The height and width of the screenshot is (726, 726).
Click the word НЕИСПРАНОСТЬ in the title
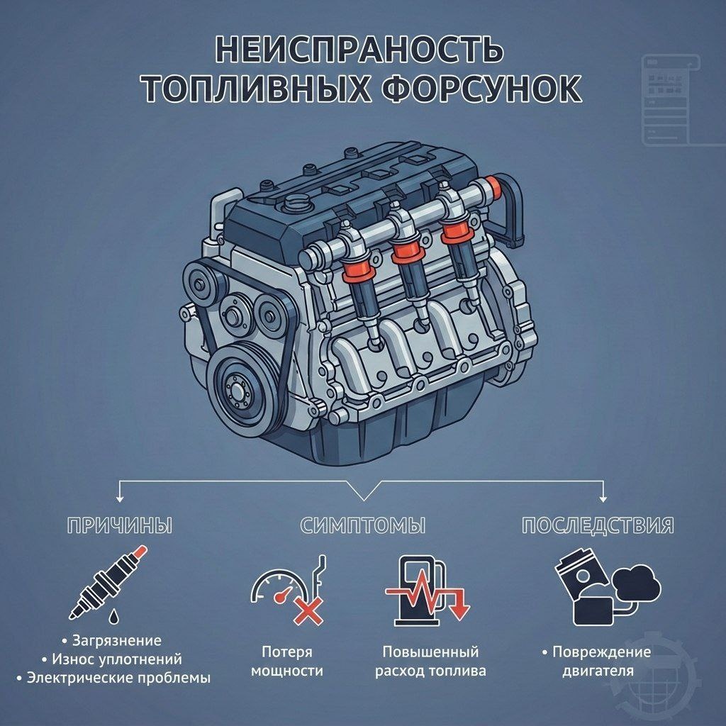point(359,50)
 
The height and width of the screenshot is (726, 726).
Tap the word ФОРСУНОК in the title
point(482,88)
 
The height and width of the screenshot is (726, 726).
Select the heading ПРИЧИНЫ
point(119,526)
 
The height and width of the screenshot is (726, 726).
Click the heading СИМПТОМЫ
point(363,526)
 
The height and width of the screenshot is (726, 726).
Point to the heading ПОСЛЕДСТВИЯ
point(598,526)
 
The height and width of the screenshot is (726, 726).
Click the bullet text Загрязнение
point(117,641)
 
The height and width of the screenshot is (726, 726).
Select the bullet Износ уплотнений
point(117,659)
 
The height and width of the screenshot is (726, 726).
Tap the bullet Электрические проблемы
point(118,678)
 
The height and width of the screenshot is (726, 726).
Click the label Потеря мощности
point(287,661)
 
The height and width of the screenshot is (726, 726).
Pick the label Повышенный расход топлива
point(430,661)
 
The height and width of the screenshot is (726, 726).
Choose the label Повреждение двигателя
point(601,661)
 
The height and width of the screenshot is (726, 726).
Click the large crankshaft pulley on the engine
point(240,385)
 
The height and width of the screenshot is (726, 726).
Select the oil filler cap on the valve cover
point(296,203)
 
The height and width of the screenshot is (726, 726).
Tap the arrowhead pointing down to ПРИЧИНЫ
point(120,498)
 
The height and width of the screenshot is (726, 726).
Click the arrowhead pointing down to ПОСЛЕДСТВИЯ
point(603,498)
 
